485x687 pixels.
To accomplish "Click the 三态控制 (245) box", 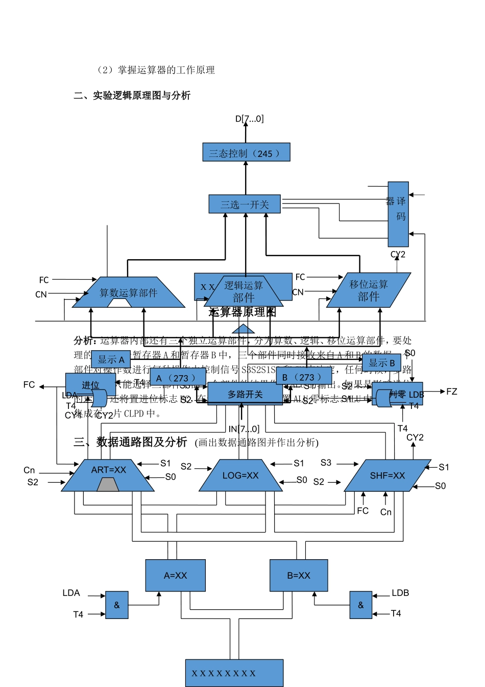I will pos(246,153).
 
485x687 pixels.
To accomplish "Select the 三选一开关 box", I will pos(245,204).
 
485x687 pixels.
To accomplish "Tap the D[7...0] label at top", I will pos(249,119).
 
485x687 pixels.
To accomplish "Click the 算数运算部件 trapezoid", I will pos(128,293).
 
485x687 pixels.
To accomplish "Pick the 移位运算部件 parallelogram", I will pos(368,290).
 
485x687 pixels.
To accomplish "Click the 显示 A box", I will pos(111,359).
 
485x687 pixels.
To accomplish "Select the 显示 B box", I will pos(381,363).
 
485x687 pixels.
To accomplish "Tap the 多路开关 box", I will pos(245,394).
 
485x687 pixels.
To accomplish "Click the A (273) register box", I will pos(178,377).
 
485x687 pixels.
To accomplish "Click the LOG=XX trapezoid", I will pos(240,476).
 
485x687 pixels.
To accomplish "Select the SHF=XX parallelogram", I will pos(387,476).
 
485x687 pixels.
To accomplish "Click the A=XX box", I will pos(175,576).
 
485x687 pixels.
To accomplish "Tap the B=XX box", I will pos(299,576).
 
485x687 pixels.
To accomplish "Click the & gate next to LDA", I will pos(117,605).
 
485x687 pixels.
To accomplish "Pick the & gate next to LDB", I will pos(361,605).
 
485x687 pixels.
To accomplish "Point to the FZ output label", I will pos(451,392).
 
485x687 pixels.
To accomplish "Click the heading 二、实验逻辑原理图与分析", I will pos(132,96).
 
